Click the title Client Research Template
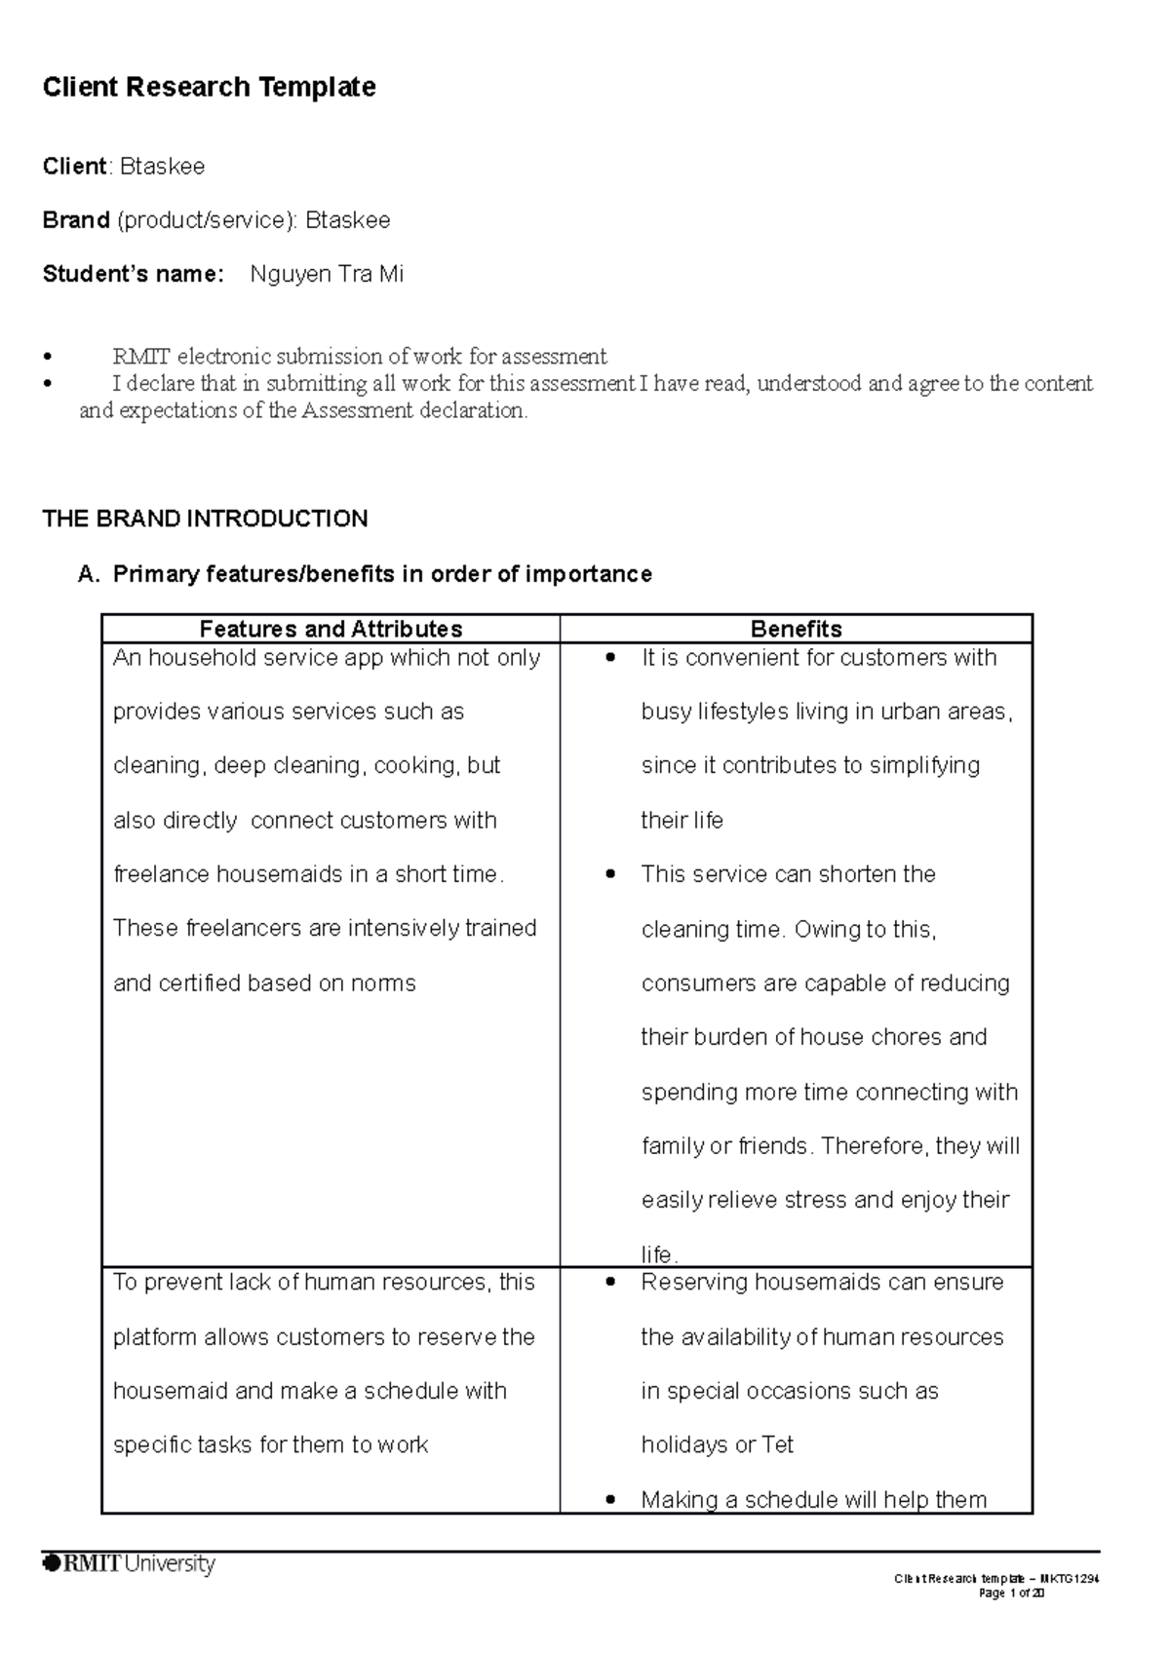[x=209, y=88]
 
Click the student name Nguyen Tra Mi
[x=327, y=274]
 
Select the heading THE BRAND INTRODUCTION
[x=205, y=519]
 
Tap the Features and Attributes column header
[x=331, y=629]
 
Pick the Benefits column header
[x=796, y=629]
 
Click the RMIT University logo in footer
[x=129, y=1564]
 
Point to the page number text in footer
[x=1011, y=1593]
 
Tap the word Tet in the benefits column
[x=778, y=1444]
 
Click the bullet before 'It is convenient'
[x=610, y=658]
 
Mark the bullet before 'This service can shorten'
[x=610, y=874]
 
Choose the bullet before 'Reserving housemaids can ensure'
[x=610, y=1283]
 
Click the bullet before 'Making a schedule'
[x=610, y=1500]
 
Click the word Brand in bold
[x=76, y=220]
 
